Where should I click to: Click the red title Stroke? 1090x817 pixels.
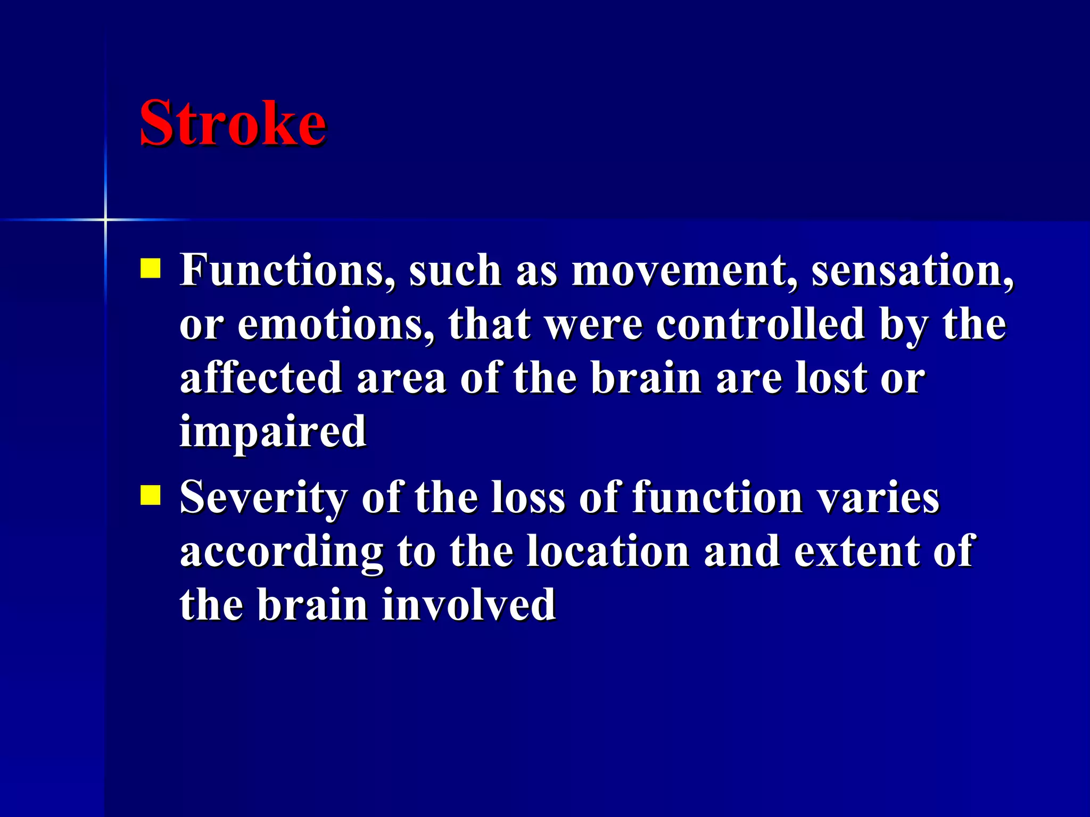(233, 123)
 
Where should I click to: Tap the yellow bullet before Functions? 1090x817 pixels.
(150, 269)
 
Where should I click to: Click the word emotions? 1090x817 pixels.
(335, 324)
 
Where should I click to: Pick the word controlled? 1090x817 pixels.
(761, 324)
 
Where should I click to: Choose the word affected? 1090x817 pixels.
(261, 378)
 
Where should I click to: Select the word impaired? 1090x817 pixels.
(273, 432)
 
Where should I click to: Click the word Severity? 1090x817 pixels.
(263, 497)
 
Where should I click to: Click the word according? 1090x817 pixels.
(282, 552)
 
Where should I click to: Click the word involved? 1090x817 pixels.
(469, 605)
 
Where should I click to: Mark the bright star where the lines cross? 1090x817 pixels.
(105, 219)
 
